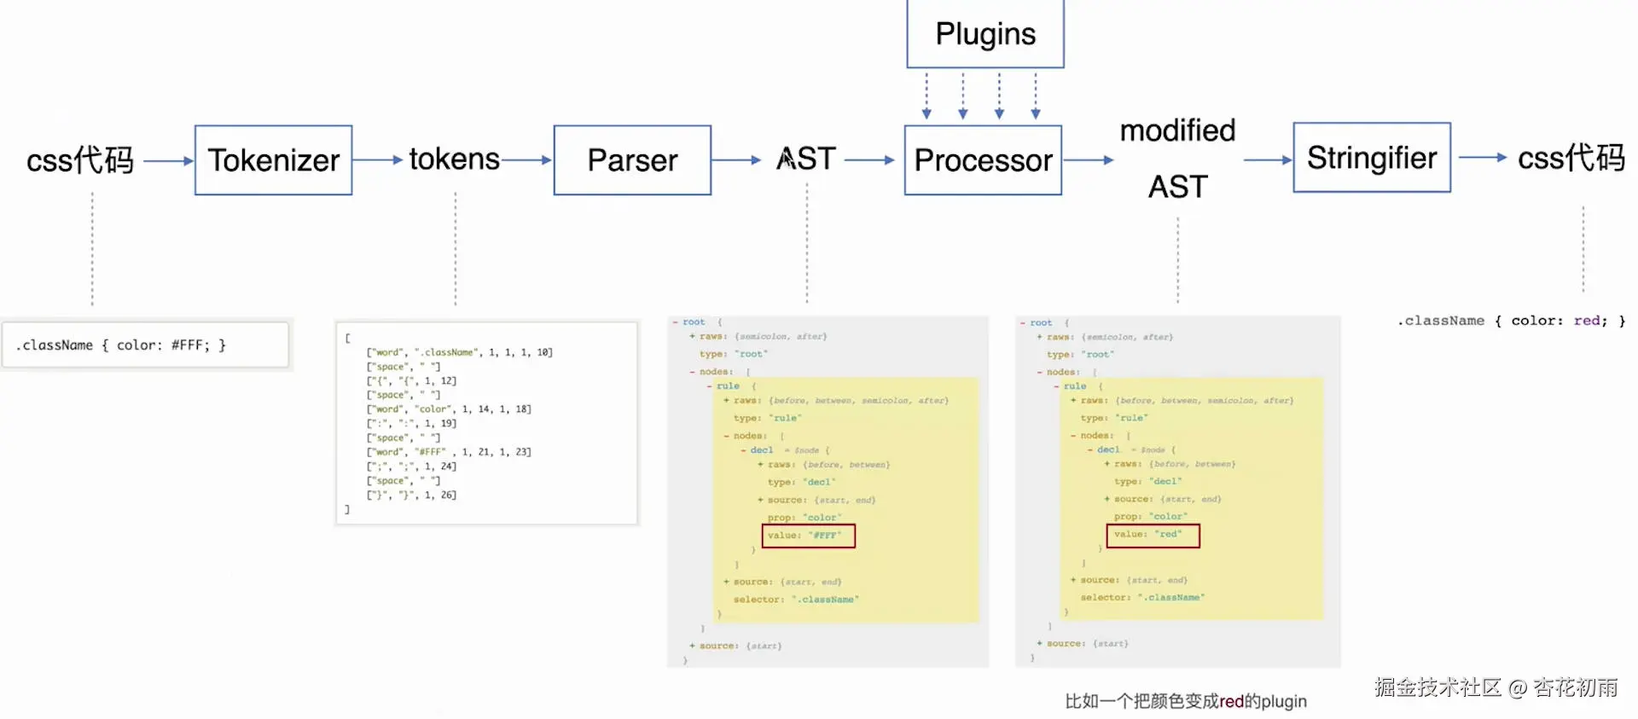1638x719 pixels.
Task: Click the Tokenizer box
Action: point(273,160)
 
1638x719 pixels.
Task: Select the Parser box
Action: point(632,160)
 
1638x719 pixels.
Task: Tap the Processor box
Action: point(983,160)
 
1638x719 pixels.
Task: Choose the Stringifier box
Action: point(1372,158)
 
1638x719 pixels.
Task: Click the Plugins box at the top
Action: point(985,34)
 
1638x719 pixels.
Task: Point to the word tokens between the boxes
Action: point(454,159)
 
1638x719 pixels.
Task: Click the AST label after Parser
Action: point(806,159)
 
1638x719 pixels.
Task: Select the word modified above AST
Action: point(1177,130)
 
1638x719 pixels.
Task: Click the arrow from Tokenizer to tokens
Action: point(378,159)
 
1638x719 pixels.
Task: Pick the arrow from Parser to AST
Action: point(735,159)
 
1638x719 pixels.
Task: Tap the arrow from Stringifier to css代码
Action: point(1483,158)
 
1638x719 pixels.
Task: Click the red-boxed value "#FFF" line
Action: point(808,536)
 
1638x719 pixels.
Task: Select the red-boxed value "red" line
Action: point(1153,535)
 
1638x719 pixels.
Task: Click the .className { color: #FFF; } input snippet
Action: point(120,345)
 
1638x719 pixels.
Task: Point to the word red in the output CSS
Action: point(1586,321)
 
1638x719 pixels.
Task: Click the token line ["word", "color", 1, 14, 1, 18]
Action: point(449,409)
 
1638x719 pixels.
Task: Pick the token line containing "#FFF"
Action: point(449,452)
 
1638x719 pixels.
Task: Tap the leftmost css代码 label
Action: point(80,160)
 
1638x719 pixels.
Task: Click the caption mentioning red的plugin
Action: point(1186,701)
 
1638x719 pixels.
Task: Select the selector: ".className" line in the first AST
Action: point(795,600)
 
